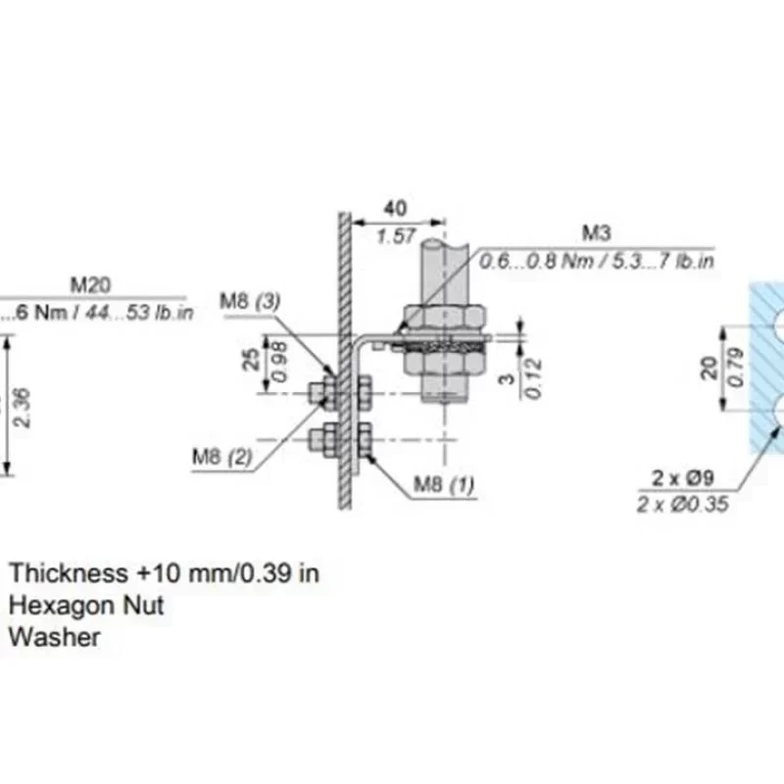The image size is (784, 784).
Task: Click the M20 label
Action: [x=90, y=285]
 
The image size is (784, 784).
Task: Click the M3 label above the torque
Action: [x=597, y=233]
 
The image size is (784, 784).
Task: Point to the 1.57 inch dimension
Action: [x=396, y=236]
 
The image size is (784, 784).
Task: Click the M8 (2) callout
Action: [x=222, y=455]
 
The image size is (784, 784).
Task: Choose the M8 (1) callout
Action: [x=444, y=484]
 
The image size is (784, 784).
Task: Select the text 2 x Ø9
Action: [x=683, y=479]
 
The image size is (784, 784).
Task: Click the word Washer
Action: [x=55, y=637]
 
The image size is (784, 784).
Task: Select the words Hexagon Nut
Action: [x=86, y=606]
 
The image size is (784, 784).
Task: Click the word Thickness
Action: [x=68, y=573]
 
